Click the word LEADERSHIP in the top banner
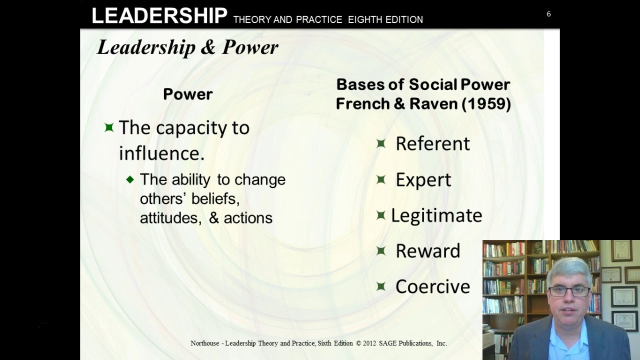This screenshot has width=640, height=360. coord(159,16)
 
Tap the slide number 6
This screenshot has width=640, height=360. coord(548,14)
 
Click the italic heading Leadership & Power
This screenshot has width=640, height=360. coord(187,47)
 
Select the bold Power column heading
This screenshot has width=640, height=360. coord(188,94)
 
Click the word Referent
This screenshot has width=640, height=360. coord(432,144)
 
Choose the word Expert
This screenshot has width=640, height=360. coord(423,180)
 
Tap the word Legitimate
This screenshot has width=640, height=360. coord(436,215)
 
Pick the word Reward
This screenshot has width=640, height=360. coord(427,251)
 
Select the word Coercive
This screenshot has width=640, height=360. coord(432,286)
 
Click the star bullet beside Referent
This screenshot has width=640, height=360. coord(381,143)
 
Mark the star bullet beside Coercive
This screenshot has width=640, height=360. coord(381,286)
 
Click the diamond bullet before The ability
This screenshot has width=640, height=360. coord(130,179)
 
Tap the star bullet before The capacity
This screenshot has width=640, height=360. coord(109,127)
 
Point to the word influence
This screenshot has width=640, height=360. coord(161,153)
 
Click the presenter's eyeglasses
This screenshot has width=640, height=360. coord(569,290)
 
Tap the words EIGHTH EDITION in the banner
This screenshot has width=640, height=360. coord(385,19)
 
